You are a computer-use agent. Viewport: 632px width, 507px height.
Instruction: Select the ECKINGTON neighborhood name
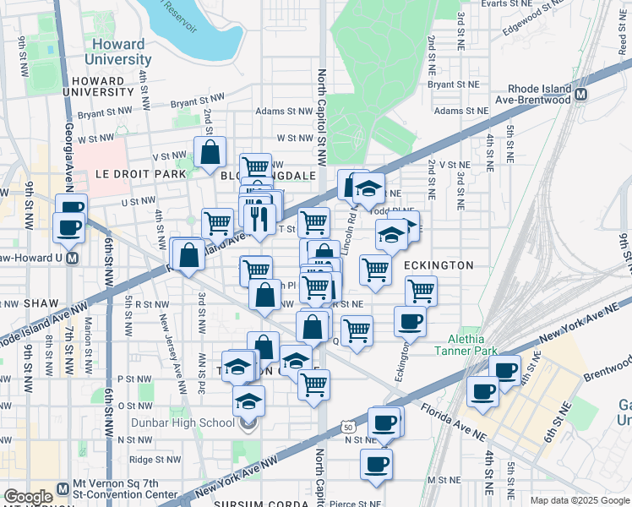click(x=438, y=265)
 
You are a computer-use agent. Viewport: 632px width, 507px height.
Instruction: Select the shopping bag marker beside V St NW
click(x=210, y=152)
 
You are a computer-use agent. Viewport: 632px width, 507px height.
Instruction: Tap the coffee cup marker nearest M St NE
click(x=376, y=464)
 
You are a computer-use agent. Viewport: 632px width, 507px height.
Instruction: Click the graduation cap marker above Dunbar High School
click(x=248, y=401)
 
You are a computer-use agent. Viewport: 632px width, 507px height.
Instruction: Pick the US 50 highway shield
click(x=348, y=428)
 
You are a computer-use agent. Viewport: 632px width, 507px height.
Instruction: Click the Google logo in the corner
click(x=28, y=497)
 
